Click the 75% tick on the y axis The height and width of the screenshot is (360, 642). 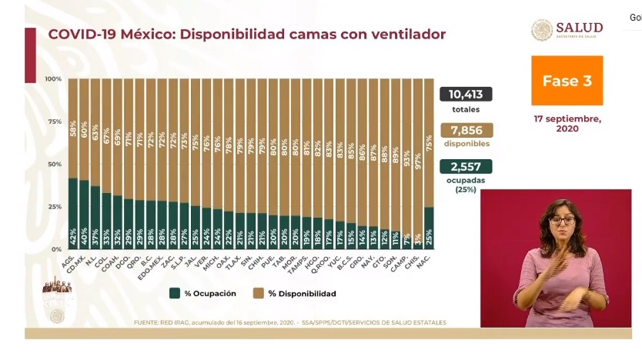click(x=53, y=122)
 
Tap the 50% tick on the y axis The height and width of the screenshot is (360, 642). click(x=53, y=165)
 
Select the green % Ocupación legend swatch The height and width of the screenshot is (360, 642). click(x=175, y=293)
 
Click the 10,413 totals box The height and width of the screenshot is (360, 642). click(x=466, y=94)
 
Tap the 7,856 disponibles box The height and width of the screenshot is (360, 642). click(x=466, y=130)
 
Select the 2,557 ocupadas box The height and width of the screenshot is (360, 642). click(x=466, y=166)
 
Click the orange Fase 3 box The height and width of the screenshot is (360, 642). click(x=567, y=81)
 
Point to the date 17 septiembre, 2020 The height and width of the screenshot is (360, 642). click(x=567, y=124)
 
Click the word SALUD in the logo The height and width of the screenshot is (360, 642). click(x=583, y=28)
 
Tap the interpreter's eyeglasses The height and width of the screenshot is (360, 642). click(x=562, y=221)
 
